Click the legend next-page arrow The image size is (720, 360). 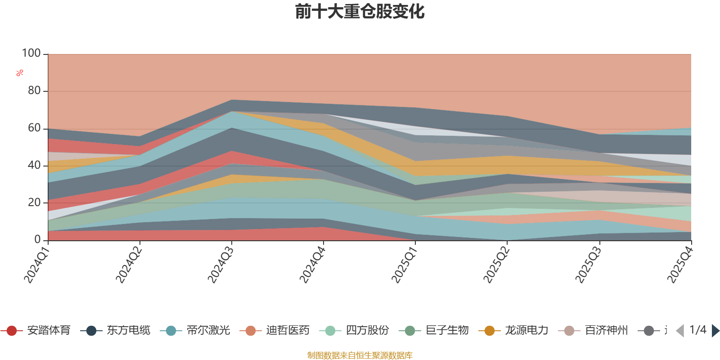coord(715,331)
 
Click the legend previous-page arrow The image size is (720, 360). coord(680,331)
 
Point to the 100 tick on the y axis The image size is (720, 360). coord(31,54)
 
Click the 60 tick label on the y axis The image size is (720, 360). coord(34,128)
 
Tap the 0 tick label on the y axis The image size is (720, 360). coord(37,240)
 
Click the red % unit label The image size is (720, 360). coord(20,73)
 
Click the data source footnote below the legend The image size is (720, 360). coord(360,355)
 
